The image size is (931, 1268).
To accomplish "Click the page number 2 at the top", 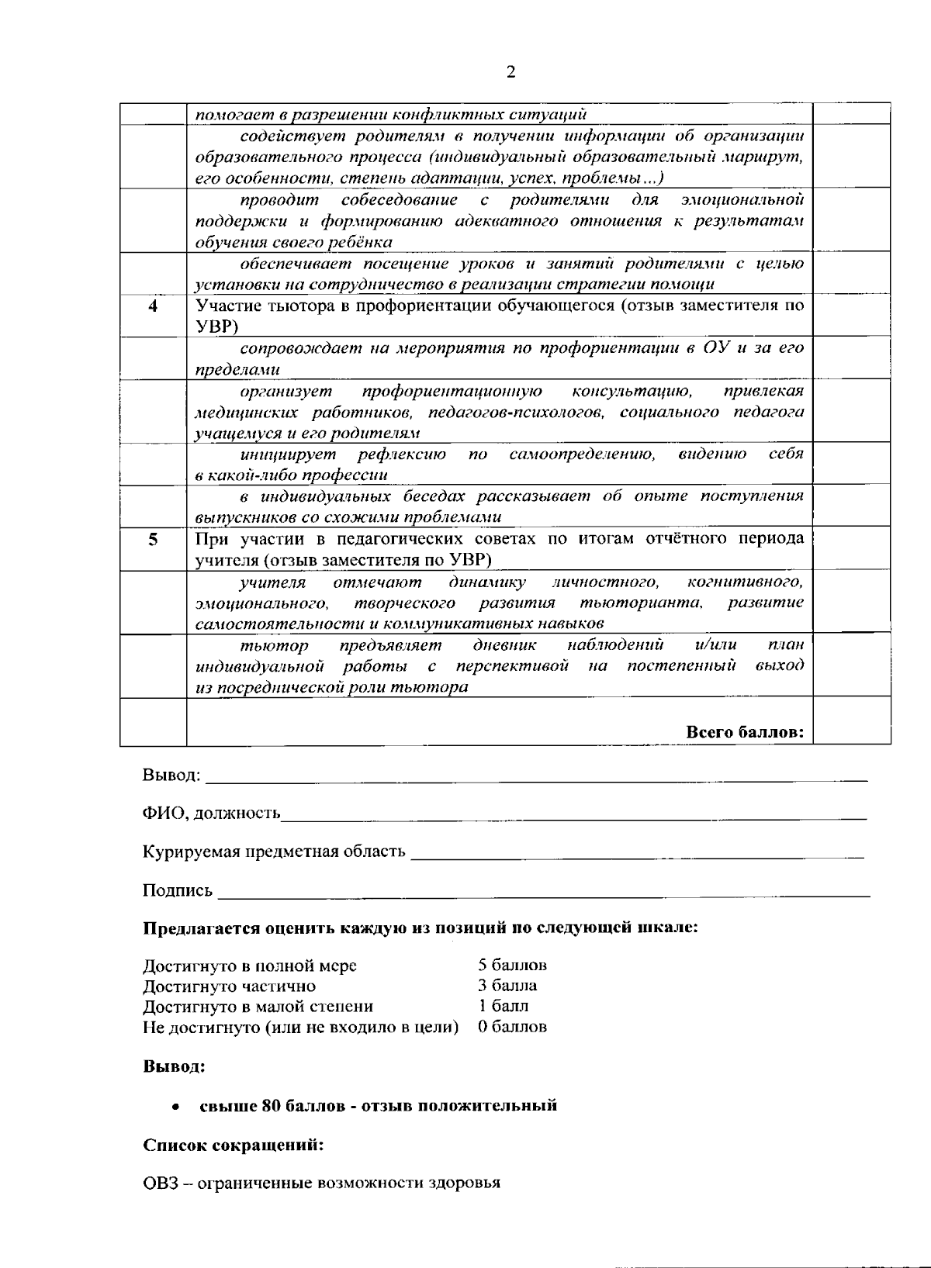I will (x=510, y=73).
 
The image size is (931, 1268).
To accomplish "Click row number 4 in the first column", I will (x=153, y=306).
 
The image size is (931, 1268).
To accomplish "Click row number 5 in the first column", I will (x=153, y=540).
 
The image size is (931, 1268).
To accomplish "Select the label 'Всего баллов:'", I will (x=745, y=732).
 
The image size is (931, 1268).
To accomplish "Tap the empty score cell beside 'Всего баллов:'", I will (x=851, y=721).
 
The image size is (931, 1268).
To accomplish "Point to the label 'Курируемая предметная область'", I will (x=274, y=852).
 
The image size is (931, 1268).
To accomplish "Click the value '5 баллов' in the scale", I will (x=512, y=966).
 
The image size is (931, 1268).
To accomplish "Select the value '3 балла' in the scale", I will (x=507, y=986).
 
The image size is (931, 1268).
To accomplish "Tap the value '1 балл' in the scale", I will (x=503, y=1006).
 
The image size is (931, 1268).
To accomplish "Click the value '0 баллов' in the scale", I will (x=512, y=1027).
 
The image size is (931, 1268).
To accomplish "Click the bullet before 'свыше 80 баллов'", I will (x=178, y=1107).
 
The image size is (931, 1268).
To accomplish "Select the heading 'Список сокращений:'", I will (x=233, y=1145).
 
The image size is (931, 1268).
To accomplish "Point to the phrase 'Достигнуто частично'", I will (x=229, y=986).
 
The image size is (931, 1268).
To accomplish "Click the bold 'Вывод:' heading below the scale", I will (x=174, y=1066).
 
